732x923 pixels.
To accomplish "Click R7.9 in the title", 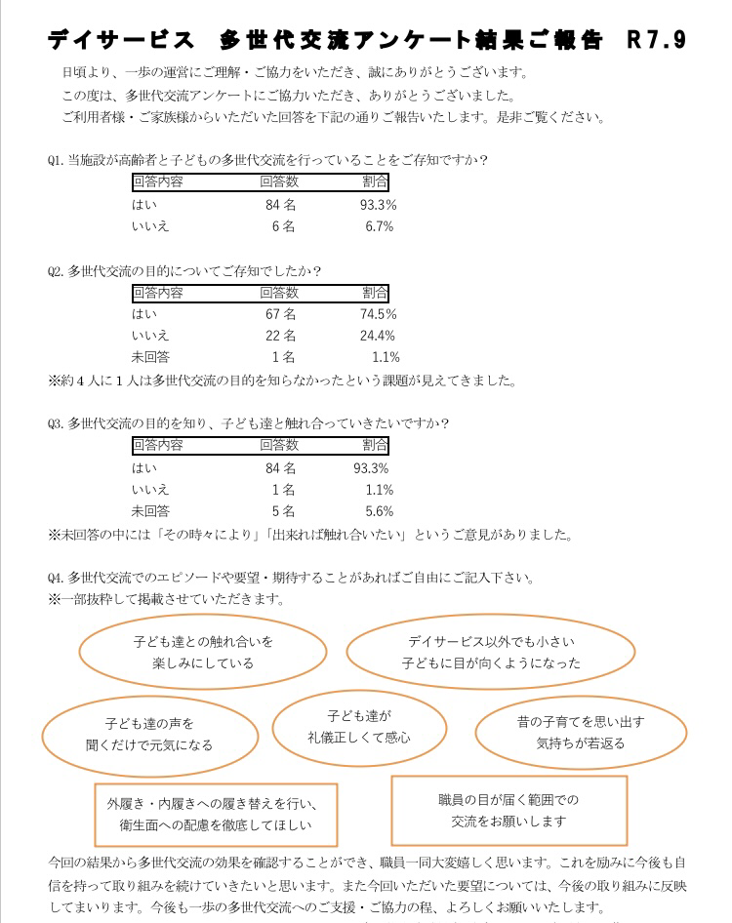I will (x=657, y=40).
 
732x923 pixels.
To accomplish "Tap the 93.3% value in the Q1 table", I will (x=378, y=205).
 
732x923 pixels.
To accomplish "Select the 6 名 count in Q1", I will (x=283, y=226).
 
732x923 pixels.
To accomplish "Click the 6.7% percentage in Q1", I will (x=379, y=226).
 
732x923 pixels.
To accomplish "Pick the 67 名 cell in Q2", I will (x=280, y=314).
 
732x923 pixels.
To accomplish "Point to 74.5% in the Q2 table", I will (x=378, y=314).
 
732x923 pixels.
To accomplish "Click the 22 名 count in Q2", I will (x=280, y=336).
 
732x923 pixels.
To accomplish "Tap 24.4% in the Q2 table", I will (x=378, y=336).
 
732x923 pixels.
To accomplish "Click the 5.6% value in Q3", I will (x=379, y=511).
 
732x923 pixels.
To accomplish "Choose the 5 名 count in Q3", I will (x=283, y=511).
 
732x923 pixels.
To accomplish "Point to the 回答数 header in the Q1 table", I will (x=279, y=182).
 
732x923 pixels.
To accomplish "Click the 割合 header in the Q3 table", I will (x=375, y=446).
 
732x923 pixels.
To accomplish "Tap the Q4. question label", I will (x=56, y=578).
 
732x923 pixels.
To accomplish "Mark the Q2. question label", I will (x=56, y=271).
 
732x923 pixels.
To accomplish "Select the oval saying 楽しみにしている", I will (x=203, y=653).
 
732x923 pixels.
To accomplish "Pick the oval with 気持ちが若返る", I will (x=580, y=733).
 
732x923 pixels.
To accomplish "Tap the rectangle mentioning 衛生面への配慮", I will (x=216, y=815).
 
